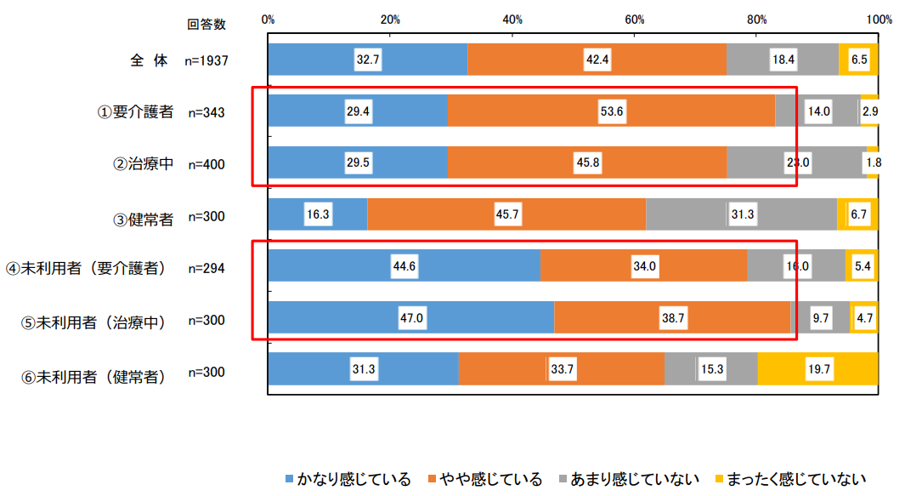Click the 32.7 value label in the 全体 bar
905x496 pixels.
click(368, 60)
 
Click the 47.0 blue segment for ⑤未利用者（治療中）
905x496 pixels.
click(411, 319)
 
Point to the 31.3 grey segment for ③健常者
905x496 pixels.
click(742, 215)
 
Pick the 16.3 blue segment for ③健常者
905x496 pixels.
click(318, 215)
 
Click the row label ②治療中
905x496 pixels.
click(144, 164)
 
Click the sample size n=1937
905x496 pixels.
click(206, 60)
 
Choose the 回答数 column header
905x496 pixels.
click(206, 24)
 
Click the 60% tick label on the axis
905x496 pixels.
click(635, 20)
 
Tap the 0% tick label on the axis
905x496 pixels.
click(269, 20)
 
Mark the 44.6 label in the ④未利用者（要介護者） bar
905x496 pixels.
click(404, 267)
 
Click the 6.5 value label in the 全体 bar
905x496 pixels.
click(859, 60)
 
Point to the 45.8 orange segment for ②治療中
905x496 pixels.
click(587, 164)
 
